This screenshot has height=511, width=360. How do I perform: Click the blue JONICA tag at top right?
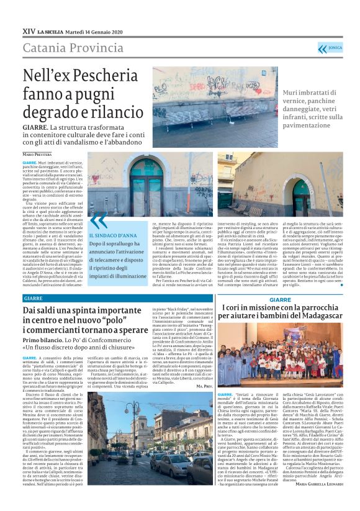(333, 48)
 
